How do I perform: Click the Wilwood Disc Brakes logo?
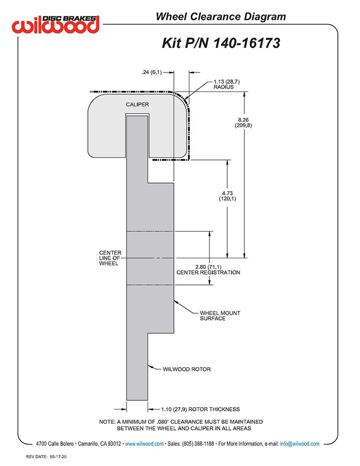pyautogui.click(x=56, y=24)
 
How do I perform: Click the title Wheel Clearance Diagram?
pyautogui.click(x=221, y=16)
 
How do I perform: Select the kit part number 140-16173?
pyautogui.click(x=247, y=43)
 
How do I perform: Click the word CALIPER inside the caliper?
pyautogui.click(x=137, y=104)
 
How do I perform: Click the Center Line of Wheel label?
pyautogui.click(x=110, y=258)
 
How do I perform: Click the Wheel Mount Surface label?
pyautogui.click(x=220, y=316)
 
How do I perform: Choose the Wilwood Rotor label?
pyautogui.click(x=187, y=369)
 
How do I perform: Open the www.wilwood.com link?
pyautogui.click(x=144, y=444)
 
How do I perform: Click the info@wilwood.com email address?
pyautogui.click(x=300, y=444)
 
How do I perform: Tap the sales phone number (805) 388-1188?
pyautogui.click(x=197, y=444)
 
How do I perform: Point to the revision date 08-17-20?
pyautogui.click(x=58, y=457)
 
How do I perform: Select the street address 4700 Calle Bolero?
pyautogui.click(x=55, y=444)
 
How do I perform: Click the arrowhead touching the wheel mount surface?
pyautogui.click(x=176, y=302)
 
